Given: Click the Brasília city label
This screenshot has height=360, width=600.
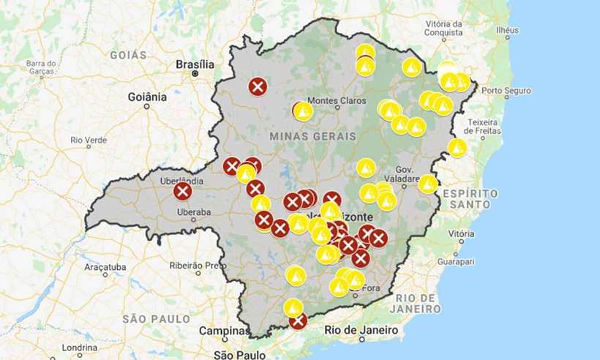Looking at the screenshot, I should click(x=195, y=64).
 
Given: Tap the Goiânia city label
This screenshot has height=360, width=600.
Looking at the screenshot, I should click(x=147, y=96).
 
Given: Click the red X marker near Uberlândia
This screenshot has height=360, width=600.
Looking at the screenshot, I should click(x=183, y=192).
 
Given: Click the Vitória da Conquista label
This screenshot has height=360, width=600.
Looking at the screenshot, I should click(x=443, y=28).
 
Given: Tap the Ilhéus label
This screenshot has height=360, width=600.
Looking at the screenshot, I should click(x=506, y=30).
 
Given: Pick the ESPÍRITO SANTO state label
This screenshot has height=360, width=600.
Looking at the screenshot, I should click(x=470, y=199).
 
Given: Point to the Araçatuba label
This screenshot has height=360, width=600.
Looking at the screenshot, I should click(x=105, y=266).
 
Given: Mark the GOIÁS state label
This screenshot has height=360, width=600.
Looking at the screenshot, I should click(x=128, y=55).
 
